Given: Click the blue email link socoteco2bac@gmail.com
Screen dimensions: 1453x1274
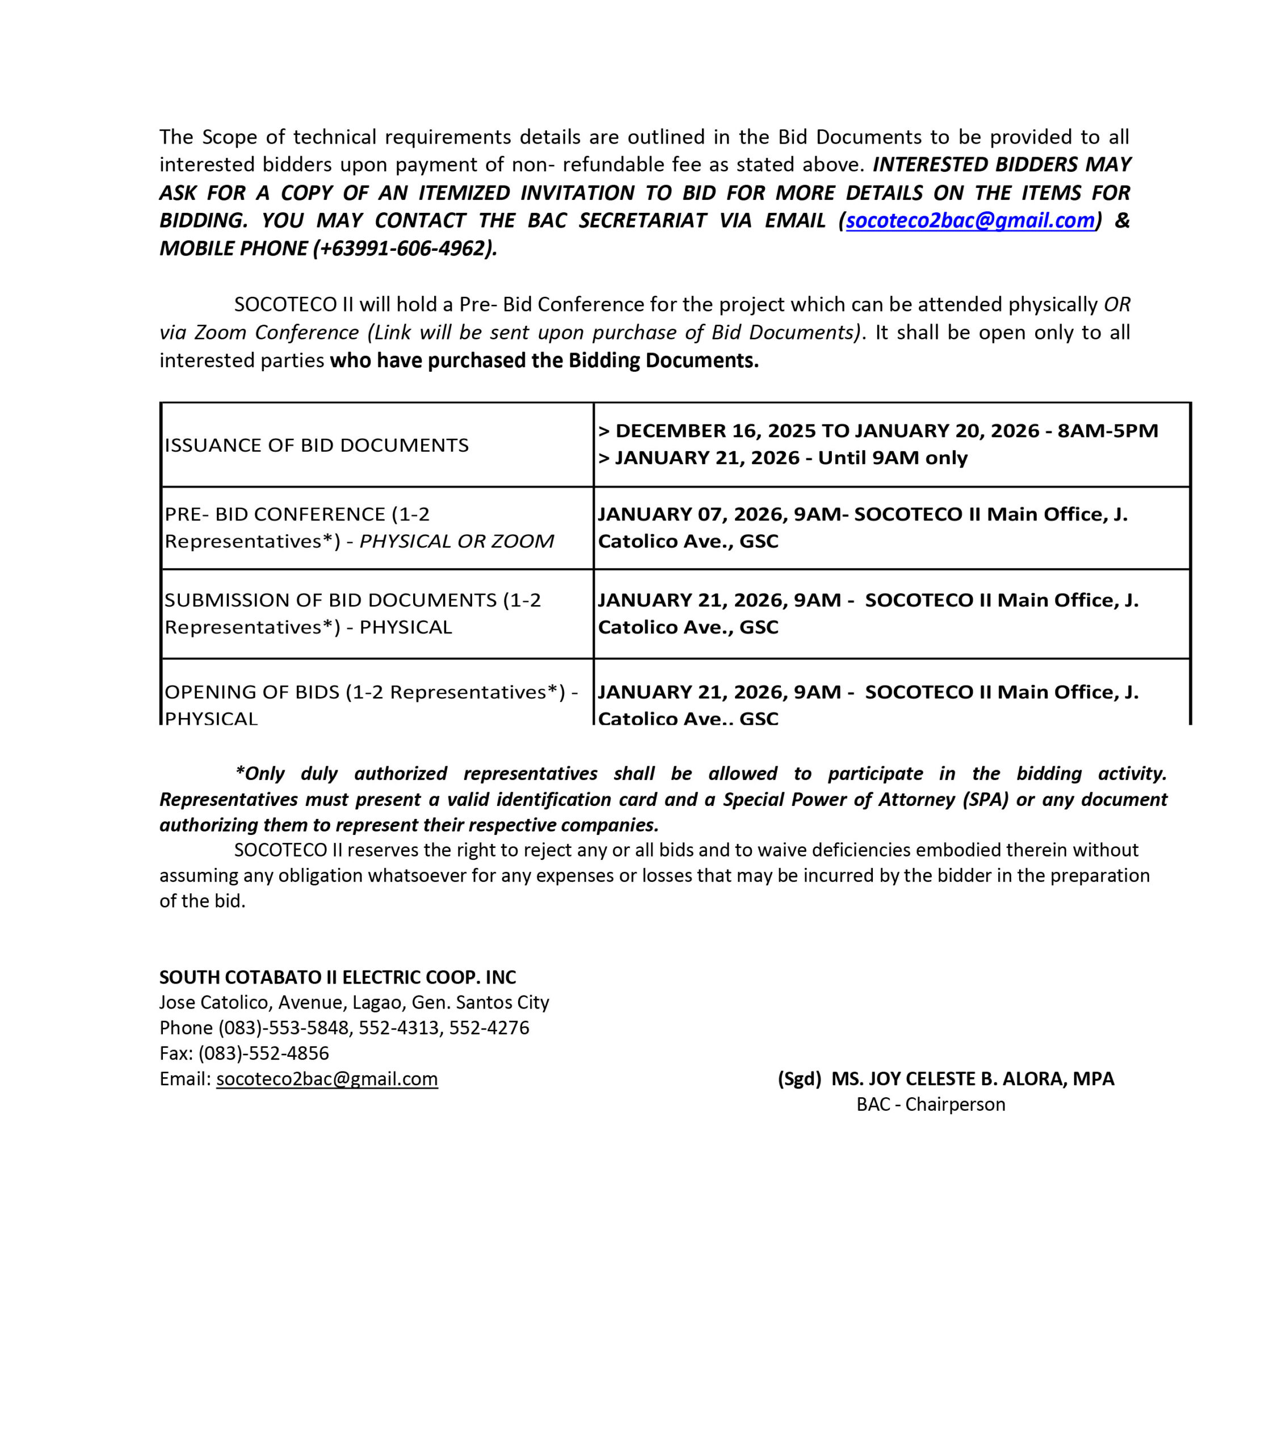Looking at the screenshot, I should pyautogui.click(x=970, y=220).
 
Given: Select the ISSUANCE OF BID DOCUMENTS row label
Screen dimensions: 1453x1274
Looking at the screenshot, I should pyautogui.click(x=316, y=445).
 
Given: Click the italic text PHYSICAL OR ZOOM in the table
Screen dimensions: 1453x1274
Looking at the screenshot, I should pyautogui.click(x=456, y=541).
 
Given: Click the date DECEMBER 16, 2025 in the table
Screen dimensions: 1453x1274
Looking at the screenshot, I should pyautogui.click(x=716, y=431).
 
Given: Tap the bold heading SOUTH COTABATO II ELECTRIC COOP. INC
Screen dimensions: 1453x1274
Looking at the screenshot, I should pyautogui.click(x=338, y=977).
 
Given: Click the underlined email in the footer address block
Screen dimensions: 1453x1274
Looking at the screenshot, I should pyautogui.click(x=327, y=1078).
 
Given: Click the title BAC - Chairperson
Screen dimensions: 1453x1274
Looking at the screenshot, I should pyautogui.click(x=931, y=1104).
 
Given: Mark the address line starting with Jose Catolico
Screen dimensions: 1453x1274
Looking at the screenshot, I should pyautogui.click(x=354, y=1002).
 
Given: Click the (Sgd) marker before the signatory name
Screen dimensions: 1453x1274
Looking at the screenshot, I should pyautogui.click(x=799, y=1078).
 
